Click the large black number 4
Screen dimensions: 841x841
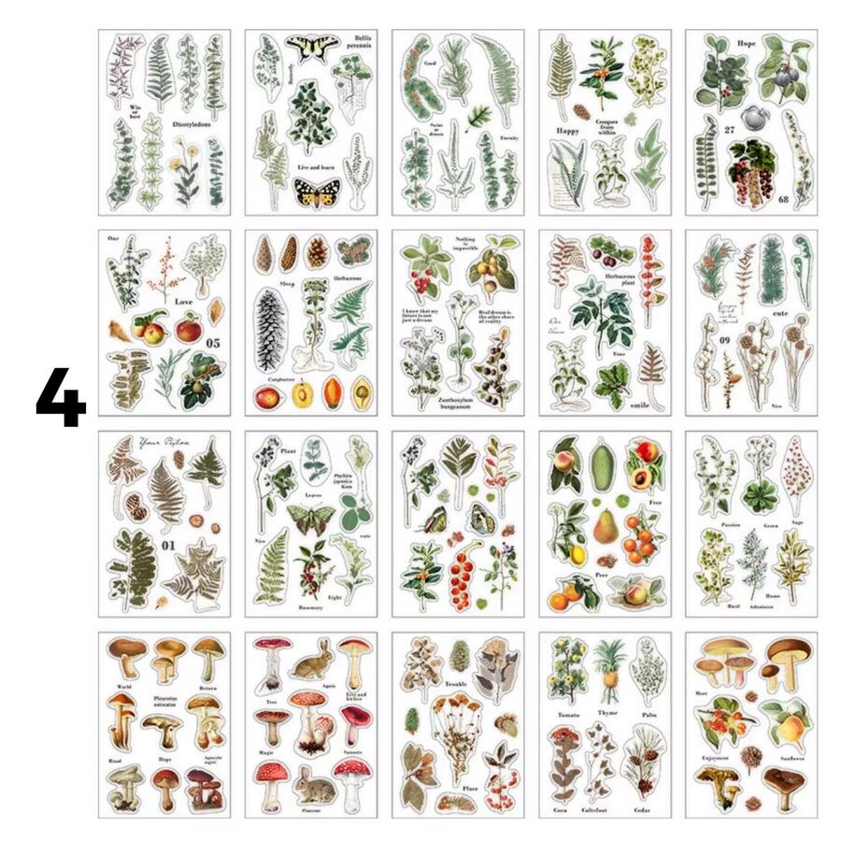point(61,397)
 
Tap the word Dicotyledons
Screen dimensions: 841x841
point(194,123)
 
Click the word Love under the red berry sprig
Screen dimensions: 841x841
point(183,302)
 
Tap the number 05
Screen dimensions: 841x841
point(212,343)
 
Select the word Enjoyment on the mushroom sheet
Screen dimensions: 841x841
point(716,760)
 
